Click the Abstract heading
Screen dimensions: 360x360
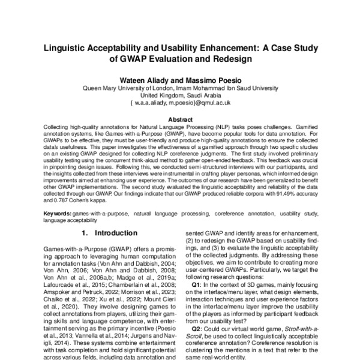[179, 120]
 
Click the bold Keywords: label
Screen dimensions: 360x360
[58, 214]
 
